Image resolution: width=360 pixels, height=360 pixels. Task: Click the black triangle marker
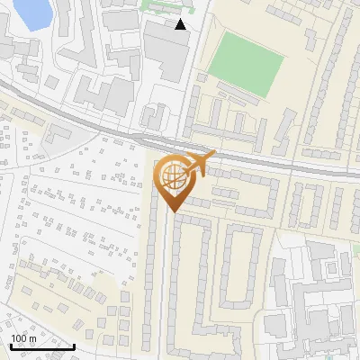click(181, 24)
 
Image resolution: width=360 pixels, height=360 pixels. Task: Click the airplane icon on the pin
click(198, 164)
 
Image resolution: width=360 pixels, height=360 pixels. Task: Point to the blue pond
click(30, 11)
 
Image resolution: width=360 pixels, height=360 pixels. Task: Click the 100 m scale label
click(23, 337)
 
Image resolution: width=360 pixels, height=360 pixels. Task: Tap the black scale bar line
click(42, 346)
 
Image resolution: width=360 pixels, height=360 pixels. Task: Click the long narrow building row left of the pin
click(152, 261)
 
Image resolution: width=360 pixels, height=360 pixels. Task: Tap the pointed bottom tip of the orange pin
click(172, 211)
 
